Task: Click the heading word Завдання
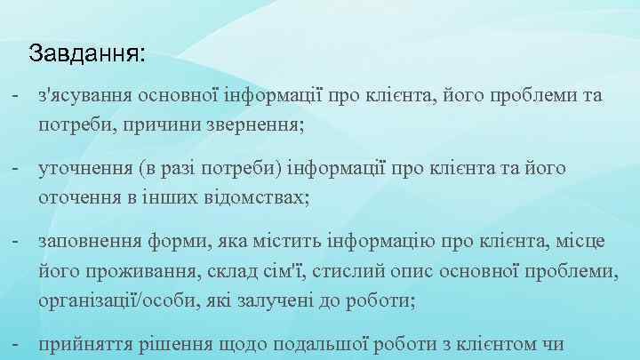pyautogui.click(x=85, y=53)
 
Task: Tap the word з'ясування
pyautogui.click(x=82, y=96)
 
